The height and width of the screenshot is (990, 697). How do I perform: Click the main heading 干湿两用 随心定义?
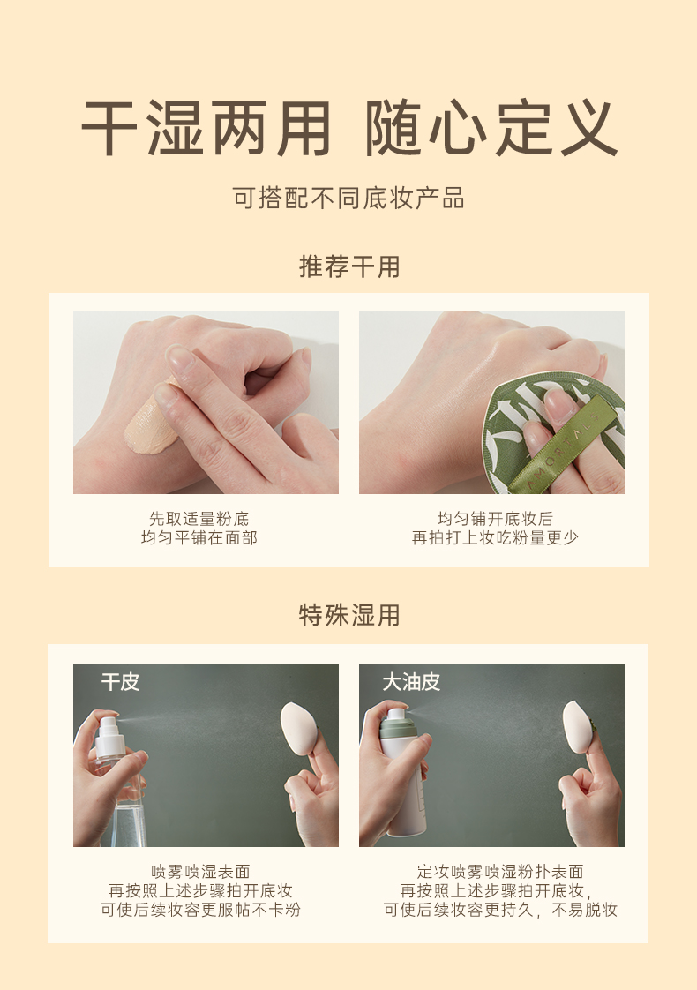tap(348, 129)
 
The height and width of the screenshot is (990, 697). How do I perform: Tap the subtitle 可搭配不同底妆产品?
tap(348, 199)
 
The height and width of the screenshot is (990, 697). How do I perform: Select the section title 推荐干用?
tap(349, 266)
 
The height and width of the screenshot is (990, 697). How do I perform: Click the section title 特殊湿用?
tap(349, 615)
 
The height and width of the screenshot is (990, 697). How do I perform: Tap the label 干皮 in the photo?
tap(120, 682)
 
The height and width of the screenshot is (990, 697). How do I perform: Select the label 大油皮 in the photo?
tap(411, 682)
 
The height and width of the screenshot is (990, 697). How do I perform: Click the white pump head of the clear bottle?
tap(108, 732)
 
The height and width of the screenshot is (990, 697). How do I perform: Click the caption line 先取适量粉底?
tap(199, 519)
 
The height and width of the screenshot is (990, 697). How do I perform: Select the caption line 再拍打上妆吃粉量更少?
tap(495, 538)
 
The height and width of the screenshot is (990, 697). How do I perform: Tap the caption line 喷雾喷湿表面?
tap(201, 872)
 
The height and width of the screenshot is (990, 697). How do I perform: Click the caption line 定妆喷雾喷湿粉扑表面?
tap(500, 872)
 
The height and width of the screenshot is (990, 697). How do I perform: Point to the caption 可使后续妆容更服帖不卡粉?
tap(201, 910)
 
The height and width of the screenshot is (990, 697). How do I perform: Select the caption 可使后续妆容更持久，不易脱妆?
tap(500, 910)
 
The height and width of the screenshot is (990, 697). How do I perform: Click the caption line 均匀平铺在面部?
tap(199, 538)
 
